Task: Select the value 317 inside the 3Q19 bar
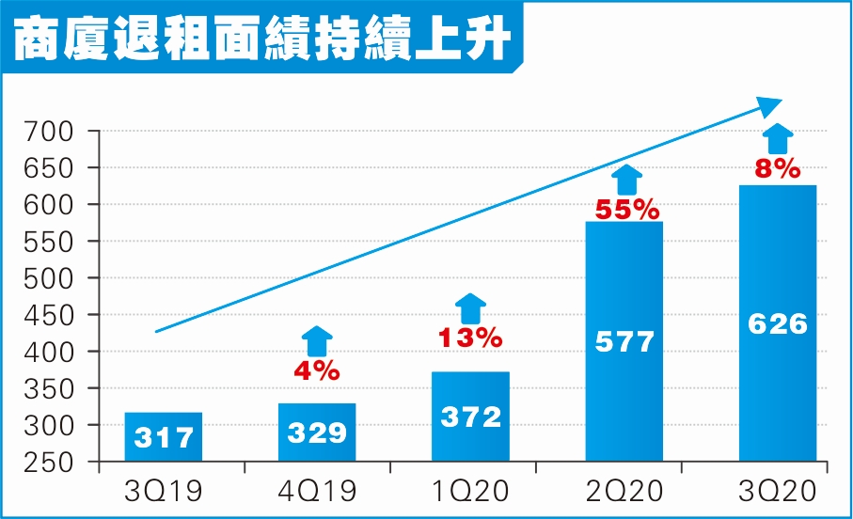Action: [x=164, y=438]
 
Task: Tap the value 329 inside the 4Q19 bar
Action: [x=316, y=432]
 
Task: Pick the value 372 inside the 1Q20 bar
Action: [x=470, y=417]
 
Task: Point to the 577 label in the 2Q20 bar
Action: [x=624, y=340]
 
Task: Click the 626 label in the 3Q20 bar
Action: [x=777, y=323]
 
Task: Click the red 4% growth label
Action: [x=316, y=371]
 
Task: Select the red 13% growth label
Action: [x=470, y=338]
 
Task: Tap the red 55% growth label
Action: [x=625, y=209]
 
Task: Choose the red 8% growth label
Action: [x=778, y=170]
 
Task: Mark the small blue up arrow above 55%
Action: [x=626, y=179]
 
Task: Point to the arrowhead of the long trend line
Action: [x=770, y=104]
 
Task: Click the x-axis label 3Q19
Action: [x=164, y=491]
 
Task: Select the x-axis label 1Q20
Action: [x=471, y=491]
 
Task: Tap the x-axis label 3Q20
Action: [x=778, y=491]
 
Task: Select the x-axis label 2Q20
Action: [x=624, y=491]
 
